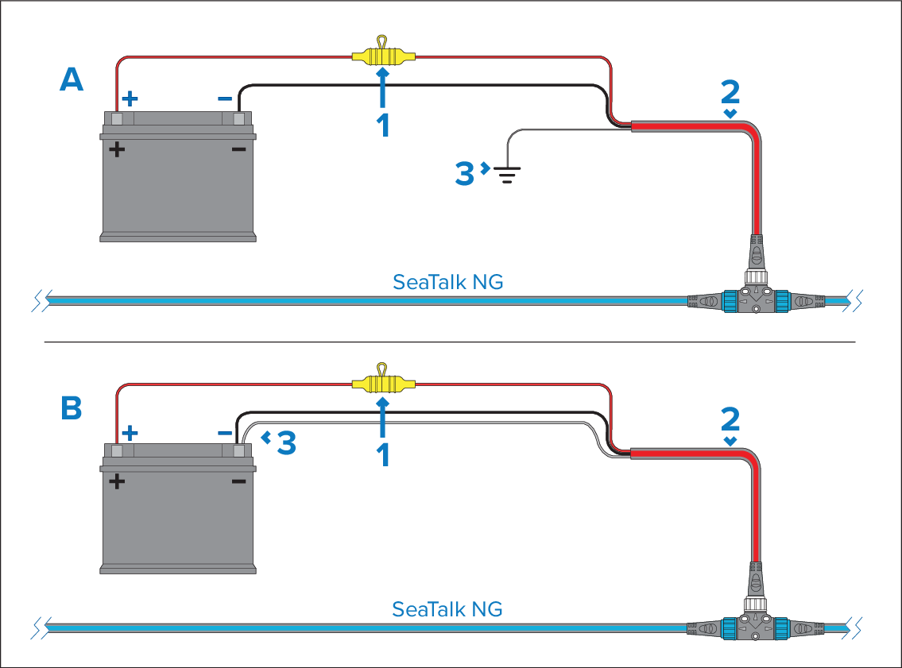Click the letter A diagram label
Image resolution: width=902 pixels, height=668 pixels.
72,79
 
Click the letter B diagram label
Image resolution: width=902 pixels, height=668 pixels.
72,409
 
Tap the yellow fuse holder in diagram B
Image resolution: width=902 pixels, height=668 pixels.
383,385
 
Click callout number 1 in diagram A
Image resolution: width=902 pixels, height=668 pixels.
383,125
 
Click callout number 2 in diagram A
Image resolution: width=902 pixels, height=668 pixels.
730,93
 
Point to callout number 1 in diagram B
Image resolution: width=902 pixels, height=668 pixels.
383,454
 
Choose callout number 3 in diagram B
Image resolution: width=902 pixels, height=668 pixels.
286,444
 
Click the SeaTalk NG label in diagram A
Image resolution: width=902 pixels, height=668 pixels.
447,282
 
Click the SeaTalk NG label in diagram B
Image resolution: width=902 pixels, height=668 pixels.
447,609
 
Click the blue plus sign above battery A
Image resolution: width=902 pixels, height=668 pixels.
130,98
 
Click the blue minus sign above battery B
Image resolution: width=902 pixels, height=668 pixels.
226,434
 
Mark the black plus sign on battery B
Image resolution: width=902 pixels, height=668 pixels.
118,481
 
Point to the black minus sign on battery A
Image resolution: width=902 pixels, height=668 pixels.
238,149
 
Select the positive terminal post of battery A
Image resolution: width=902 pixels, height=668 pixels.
117,119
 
